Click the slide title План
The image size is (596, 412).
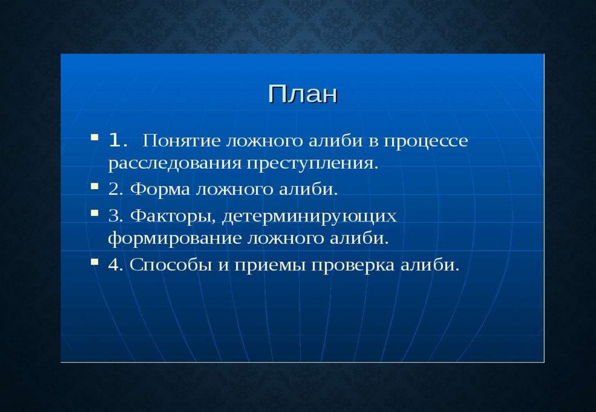[303, 94]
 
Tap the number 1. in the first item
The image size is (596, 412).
[118, 141]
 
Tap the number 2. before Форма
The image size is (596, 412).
[115, 189]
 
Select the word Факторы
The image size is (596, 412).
[173, 216]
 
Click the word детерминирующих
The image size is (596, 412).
[310, 216]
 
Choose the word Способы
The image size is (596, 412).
[171, 265]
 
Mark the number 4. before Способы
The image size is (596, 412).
[115, 265]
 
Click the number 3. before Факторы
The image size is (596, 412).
[115, 216]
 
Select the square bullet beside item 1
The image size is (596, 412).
[95, 137]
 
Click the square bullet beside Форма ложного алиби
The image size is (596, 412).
[95, 186]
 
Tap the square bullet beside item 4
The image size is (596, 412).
[95, 262]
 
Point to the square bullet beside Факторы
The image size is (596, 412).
[95, 213]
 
